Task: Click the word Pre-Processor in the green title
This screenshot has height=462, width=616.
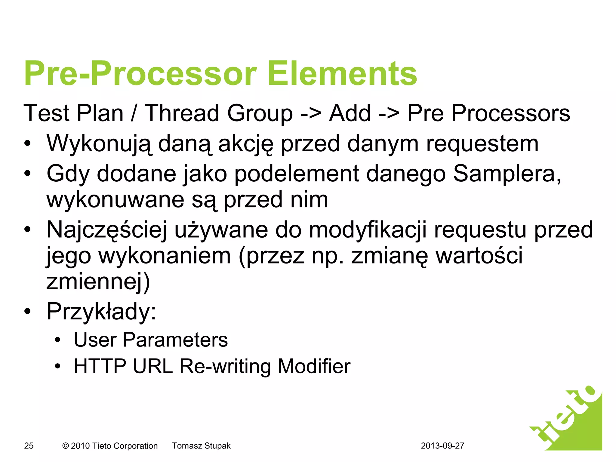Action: click(140, 74)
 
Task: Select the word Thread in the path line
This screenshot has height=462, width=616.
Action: click(182, 113)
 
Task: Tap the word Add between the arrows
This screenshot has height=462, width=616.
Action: click(350, 113)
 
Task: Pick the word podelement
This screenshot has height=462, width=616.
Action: click(296, 174)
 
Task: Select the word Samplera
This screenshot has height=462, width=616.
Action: click(507, 174)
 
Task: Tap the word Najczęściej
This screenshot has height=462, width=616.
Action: click(107, 230)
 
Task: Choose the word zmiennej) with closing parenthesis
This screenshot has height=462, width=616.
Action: click(98, 282)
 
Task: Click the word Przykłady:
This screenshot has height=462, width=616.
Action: click(101, 312)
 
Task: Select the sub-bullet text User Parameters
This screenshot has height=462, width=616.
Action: click(151, 340)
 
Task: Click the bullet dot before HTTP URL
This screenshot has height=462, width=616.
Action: click(57, 367)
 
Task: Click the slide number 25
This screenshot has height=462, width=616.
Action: click(29, 446)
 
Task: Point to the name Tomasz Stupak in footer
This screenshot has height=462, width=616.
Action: click(201, 446)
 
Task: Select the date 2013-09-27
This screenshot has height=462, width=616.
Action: click(442, 446)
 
